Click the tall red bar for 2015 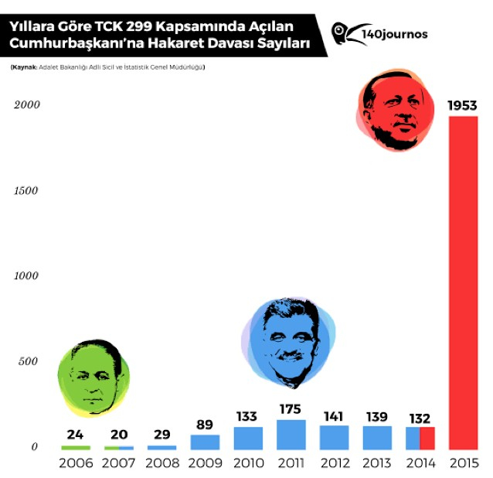(463, 282)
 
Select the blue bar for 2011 (291, 435)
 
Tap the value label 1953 (463, 105)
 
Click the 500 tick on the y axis (29, 361)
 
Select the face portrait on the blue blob (287, 343)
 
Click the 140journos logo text (394, 34)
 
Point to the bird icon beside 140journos (342, 34)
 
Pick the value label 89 (205, 425)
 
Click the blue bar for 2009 (205, 442)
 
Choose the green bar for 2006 (76, 447)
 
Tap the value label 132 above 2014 (420, 418)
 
